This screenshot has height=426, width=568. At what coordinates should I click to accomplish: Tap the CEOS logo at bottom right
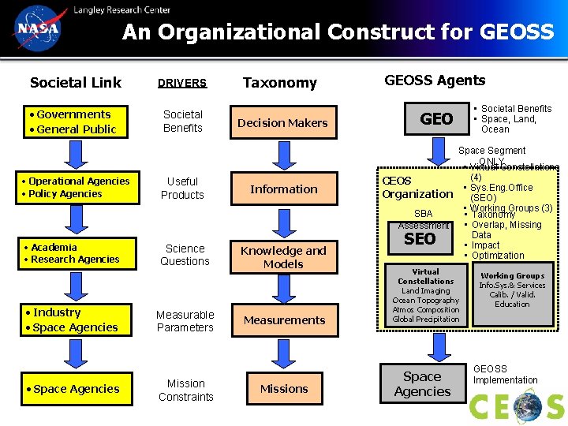[x=517, y=407]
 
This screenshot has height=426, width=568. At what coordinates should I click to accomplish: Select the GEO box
[x=436, y=119]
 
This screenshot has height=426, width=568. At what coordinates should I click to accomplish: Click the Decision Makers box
[x=282, y=122]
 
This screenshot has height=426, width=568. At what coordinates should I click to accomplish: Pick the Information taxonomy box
[x=283, y=189]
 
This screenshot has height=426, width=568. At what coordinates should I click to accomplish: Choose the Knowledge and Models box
[x=283, y=257]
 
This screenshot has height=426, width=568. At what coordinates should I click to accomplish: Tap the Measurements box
[x=284, y=320]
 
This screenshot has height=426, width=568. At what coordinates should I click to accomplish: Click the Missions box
[x=284, y=388]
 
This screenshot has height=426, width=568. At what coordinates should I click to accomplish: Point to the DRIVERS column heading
[x=181, y=83]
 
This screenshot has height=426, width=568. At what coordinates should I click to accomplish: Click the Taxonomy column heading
[x=279, y=83]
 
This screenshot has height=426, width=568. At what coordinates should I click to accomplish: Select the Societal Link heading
[x=76, y=82]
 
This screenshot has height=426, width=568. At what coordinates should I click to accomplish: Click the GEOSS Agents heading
[x=435, y=80]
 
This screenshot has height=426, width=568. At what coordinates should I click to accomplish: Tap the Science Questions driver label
[x=185, y=255]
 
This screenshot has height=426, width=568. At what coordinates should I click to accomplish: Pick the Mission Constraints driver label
[x=185, y=390]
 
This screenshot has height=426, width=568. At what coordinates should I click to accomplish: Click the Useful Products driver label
[x=182, y=188]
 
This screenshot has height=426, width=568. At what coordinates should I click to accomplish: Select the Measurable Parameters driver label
[x=185, y=321]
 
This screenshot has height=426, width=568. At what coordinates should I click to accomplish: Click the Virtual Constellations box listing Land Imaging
[x=425, y=295]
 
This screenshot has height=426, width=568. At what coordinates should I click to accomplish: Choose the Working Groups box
[x=512, y=290]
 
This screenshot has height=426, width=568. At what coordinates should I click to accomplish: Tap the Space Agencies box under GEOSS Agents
[x=422, y=384]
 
